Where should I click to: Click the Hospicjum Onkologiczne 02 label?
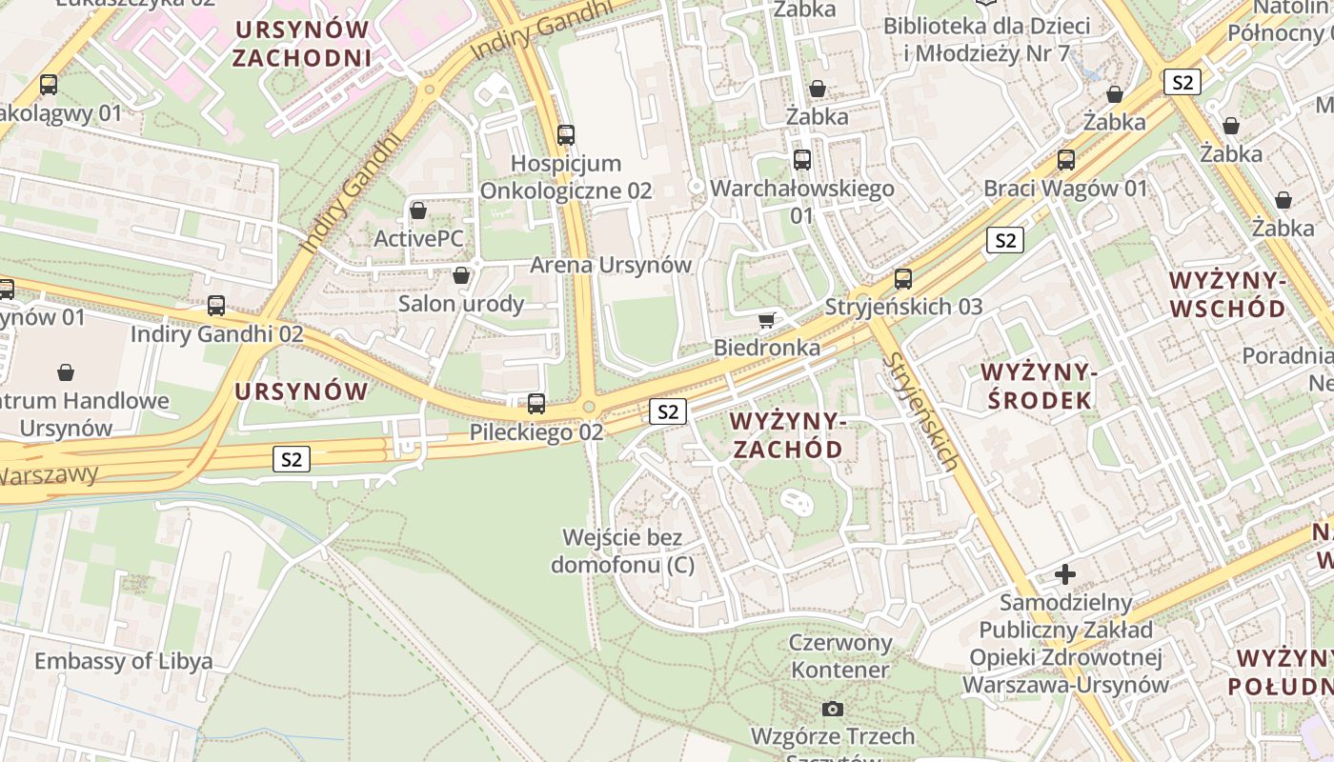pos(566,177)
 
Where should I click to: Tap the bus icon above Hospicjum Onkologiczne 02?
pos(566,135)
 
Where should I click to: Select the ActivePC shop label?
pos(418,238)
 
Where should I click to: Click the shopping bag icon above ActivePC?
pos(418,211)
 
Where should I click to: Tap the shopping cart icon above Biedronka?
pos(766,320)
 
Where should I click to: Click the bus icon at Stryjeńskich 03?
pos(903,279)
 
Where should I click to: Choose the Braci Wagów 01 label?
pos(1065,188)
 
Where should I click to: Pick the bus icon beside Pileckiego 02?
pos(536,404)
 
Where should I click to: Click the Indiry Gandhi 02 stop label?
pos(216,334)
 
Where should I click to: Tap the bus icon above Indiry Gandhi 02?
pos(216,306)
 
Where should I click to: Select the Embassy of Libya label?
pos(124,661)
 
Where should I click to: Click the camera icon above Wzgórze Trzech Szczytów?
pos(832,709)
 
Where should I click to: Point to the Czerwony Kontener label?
pos(840,655)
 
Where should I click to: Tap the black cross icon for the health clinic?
pos(1065,574)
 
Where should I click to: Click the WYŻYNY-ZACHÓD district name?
pos(786,434)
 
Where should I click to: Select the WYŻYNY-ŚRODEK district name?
pos(1039,386)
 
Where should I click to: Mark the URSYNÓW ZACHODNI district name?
pos(301,44)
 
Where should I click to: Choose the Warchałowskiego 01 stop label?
pos(802,202)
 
